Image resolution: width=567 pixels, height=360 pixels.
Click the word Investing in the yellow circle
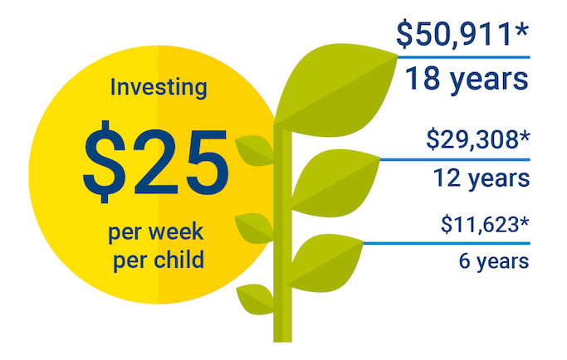click(159, 88)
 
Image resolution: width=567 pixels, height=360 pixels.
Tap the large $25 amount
click(156, 162)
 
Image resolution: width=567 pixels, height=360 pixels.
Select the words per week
click(156, 233)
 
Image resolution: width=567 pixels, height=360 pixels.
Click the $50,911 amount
click(455, 35)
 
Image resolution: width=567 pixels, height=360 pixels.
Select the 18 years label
click(467, 80)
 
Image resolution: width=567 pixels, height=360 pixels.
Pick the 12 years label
click(481, 178)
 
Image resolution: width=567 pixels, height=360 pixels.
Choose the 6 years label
click(494, 261)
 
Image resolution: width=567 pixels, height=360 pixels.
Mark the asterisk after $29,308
click(525, 136)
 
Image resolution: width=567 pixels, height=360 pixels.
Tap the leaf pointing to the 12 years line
click(335, 183)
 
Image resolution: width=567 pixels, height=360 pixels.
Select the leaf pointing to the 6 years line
click(325, 263)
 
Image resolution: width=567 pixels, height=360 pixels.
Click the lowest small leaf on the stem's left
click(256, 299)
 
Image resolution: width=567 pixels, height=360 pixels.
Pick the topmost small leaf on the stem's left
click(255, 150)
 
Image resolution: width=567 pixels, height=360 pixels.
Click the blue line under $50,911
click(464, 57)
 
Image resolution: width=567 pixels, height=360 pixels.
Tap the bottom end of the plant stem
click(282, 341)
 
